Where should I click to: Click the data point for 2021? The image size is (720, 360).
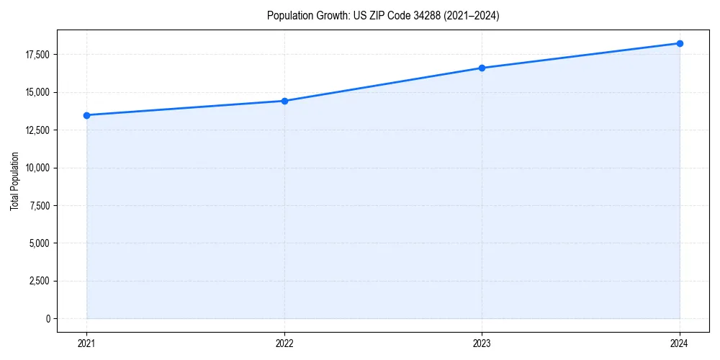pyautogui.click(x=86, y=115)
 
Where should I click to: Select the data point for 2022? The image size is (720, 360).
pyautogui.click(x=284, y=101)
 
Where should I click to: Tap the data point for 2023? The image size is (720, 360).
pyautogui.click(x=482, y=68)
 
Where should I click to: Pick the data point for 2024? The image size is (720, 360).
pyautogui.click(x=680, y=43)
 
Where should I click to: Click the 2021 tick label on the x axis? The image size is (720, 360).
pyautogui.click(x=86, y=343)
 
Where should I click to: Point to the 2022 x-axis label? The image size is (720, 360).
pyautogui.click(x=284, y=343)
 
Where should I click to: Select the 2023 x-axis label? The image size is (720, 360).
pyautogui.click(x=482, y=343)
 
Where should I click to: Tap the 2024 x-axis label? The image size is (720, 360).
pyautogui.click(x=680, y=343)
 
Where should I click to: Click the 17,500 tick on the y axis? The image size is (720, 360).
pyautogui.click(x=37, y=55)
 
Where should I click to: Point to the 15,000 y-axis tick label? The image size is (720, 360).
pyautogui.click(x=37, y=92)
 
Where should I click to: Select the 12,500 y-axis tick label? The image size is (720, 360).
pyautogui.click(x=37, y=130)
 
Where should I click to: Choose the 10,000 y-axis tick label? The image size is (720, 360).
pyautogui.click(x=37, y=168)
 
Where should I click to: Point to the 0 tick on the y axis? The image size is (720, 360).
pyautogui.click(x=48, y=318)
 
